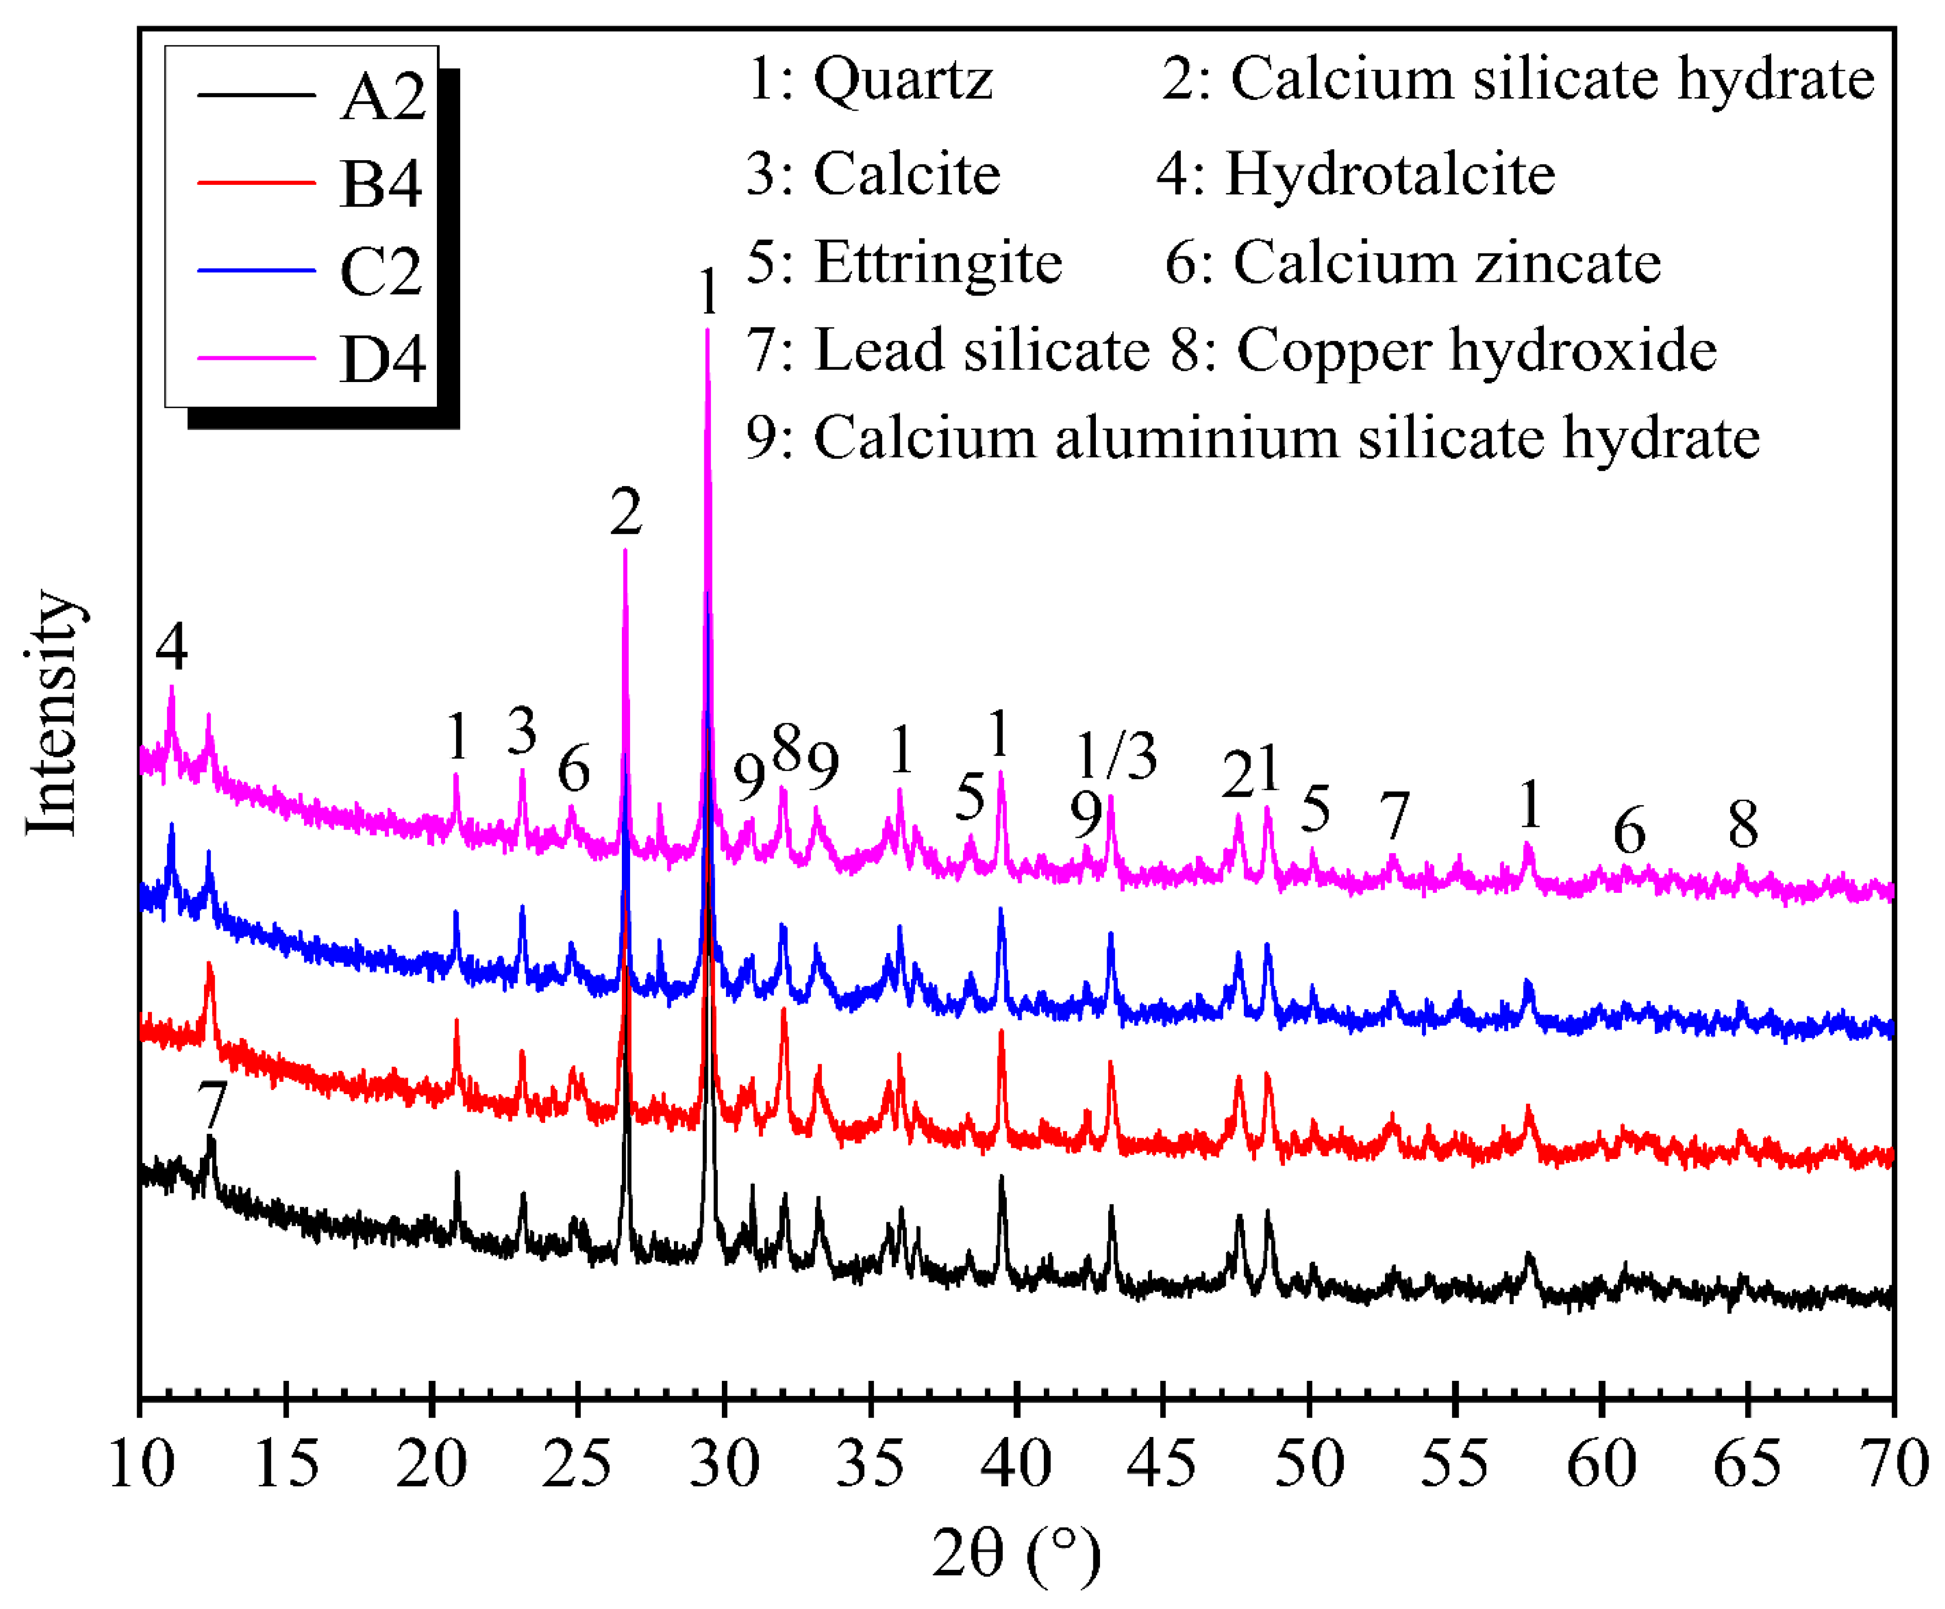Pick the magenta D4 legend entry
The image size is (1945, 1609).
pyautogui.click(x=382, y=359)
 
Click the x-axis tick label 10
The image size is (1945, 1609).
pyautogui.click(x=141, y=1465)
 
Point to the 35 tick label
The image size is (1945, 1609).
pyautogui.click(x=871, y=1465)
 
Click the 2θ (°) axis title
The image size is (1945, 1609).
pyautogui.click(x=1016, y=1553)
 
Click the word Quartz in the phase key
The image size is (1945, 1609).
pyautogui.click(x=903, y=80)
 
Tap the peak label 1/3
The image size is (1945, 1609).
pyautogui.click(x=1116, y=755)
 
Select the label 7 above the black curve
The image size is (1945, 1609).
pyautogui.click(x=212, y=1104)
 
